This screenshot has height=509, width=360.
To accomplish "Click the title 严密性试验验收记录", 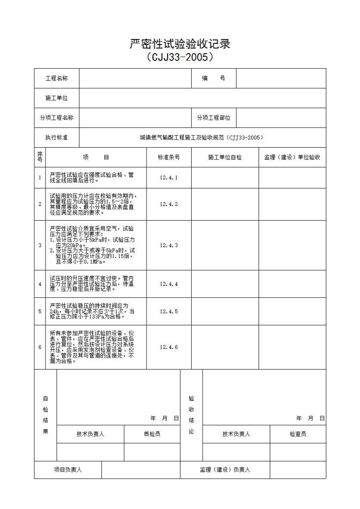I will pyautogui.click(x=180, y=44).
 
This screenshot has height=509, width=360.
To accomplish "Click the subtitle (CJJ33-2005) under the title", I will pyautogui.click(x=180, y=57).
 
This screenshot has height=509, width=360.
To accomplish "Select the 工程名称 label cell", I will pyautogui.click(x=57, y=79).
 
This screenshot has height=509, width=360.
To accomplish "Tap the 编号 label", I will pyautogui.click(x=214, y=79).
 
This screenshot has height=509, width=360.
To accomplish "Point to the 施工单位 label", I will pyautogui.click(x=57, y=98).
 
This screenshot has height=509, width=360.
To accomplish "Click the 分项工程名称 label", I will pyautogui.click(x=57, y=118).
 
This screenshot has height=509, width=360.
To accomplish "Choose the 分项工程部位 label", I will pyautogui.click(x=214, y=118).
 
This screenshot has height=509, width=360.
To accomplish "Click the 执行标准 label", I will pyautogui.click(x=57, y=138).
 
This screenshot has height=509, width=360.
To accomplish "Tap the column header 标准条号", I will pyautogui.click(x=169, y=158).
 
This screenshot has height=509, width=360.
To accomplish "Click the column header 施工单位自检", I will pyautogui.click(x=225, y=158).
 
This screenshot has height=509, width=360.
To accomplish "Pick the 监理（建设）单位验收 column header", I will pyautogui.click(x=292, y=158).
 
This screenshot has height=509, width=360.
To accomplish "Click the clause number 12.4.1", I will pyautogui.click(x=169, y=178).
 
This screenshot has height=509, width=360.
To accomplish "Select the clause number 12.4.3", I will pyautogui.click(x=169, y=245).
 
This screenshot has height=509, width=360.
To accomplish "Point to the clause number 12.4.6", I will pyautogui.click(x=169, y=348).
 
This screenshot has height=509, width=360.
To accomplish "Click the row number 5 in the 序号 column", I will pyautogui.click(x=40, y=312).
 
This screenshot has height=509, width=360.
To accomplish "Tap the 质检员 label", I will pyautogui.click(x=152, y=434).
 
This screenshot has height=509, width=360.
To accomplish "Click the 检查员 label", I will pyautogui.click(x=298, y=434).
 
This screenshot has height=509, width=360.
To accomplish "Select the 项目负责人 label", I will pyautogui.click(x=68, y=470).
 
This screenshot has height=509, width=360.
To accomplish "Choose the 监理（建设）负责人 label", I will pyautogui.click(x=225, y=470).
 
